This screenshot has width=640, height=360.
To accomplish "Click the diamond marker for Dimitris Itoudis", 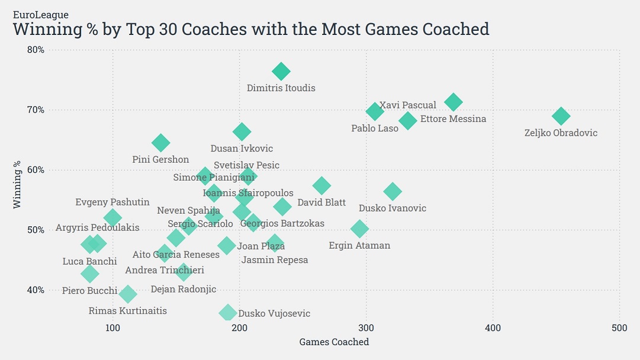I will (281, 72).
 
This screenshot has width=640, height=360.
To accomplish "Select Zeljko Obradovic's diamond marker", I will (561, 116).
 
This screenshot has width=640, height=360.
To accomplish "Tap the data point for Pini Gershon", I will (160, 143).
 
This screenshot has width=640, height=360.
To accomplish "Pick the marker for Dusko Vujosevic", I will (227, 313).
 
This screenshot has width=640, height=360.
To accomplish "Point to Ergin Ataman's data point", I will (359, 229).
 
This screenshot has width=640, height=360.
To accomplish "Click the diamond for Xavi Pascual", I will (454, 102).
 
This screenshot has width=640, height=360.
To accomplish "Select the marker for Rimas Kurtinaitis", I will (128, 294).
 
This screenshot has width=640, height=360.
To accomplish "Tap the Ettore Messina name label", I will (453, 119).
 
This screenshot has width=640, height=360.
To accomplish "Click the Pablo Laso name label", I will (375, 128).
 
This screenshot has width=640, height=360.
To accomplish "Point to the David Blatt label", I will (321, 203).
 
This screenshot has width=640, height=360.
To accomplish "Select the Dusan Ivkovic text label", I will (242, 149).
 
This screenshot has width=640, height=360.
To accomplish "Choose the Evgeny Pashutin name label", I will (112, 202).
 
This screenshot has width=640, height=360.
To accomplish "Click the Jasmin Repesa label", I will (275, 260).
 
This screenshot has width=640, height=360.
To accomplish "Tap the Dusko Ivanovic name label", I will (393, 208).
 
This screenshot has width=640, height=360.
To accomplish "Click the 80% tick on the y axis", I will (36, 50).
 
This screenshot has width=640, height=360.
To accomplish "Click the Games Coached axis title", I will (334, 342).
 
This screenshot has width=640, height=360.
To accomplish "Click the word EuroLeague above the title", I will (41, 14).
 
